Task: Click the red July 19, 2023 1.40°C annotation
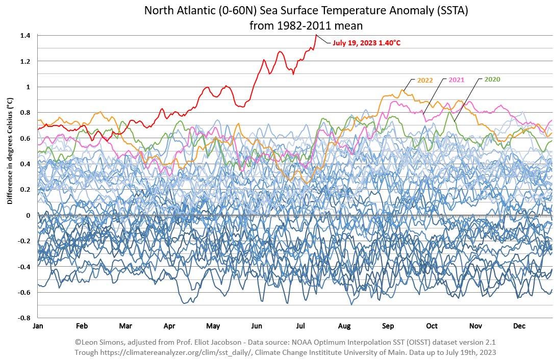click(x=366, y=43)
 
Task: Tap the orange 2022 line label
click(x=425, y=80)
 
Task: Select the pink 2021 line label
click(x=457, y=80)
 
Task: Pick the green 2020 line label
click(x=492, y=80)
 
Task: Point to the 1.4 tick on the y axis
click(x=26, y=36)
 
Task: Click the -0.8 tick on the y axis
click(x=24, y=318)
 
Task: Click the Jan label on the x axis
click(x=38, y=326)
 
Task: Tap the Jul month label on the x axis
click(x=300, y=326)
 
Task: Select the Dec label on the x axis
click(x=519, y=326)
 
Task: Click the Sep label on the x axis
click(x=388, y=326)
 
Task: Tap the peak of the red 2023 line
click(x=316, y=35)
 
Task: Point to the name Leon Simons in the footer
click(x=107, y=342)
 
